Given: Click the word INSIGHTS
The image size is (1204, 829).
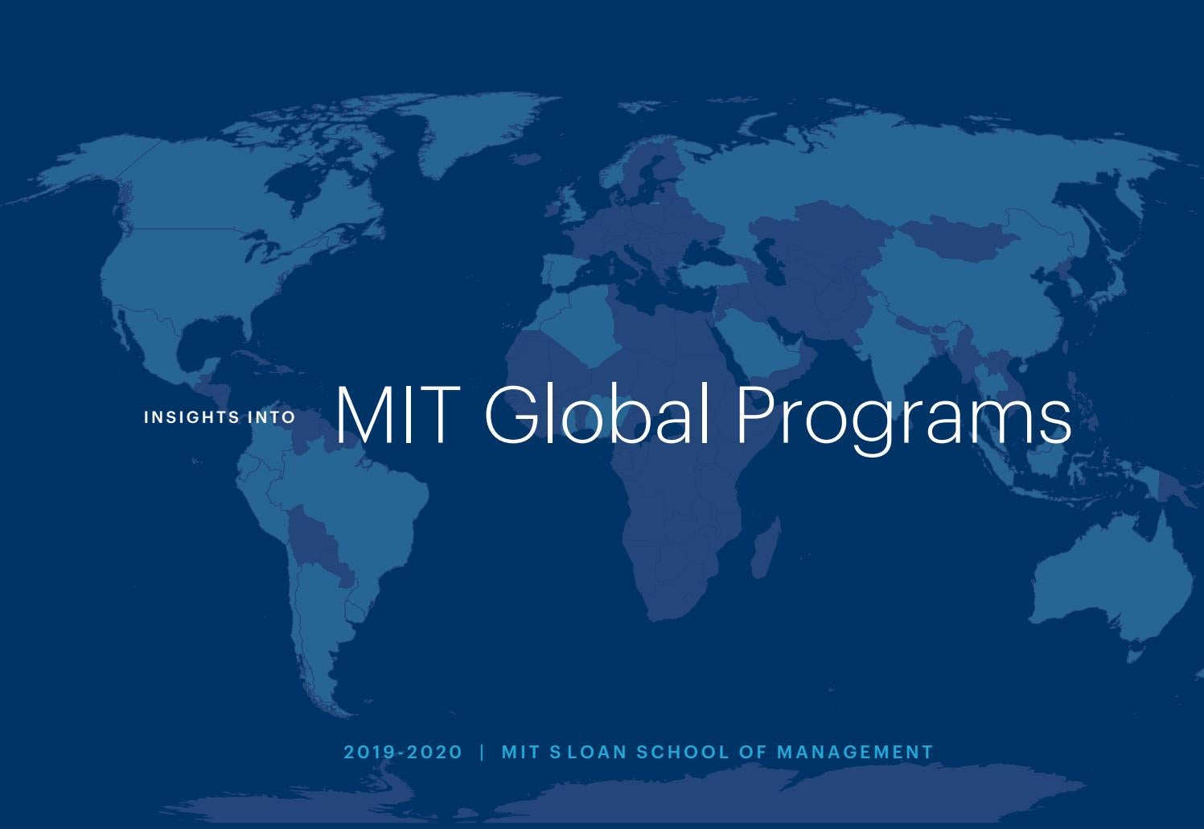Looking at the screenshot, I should (191, 417).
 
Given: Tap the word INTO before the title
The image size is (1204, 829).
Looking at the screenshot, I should (273, 417).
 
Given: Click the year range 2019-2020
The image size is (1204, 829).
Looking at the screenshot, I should (403, 753).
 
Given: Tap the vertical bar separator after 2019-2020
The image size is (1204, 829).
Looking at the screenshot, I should (483, 753).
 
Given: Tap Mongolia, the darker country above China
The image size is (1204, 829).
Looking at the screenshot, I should (957, 237).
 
